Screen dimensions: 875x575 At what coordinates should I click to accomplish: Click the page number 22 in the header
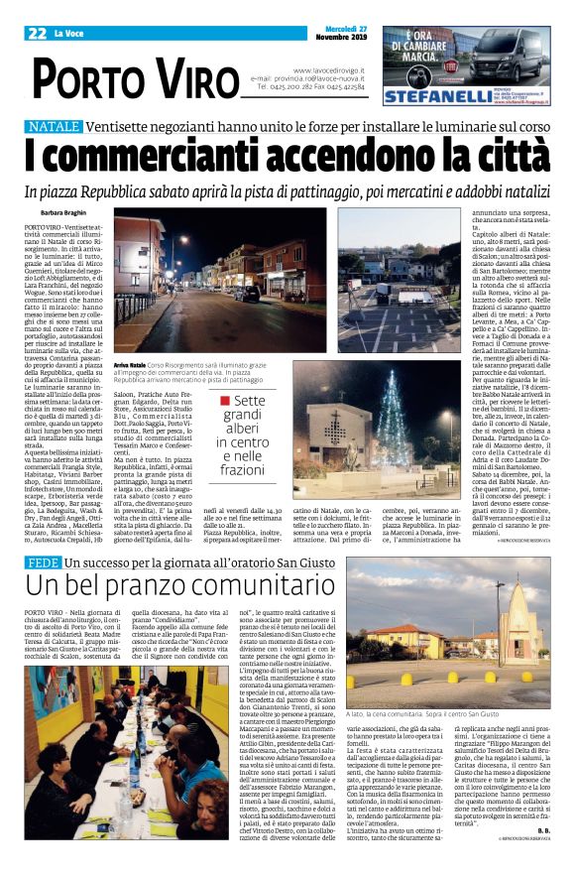pos(39,33)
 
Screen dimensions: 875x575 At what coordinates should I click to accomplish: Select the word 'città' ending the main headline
pos(490,156)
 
